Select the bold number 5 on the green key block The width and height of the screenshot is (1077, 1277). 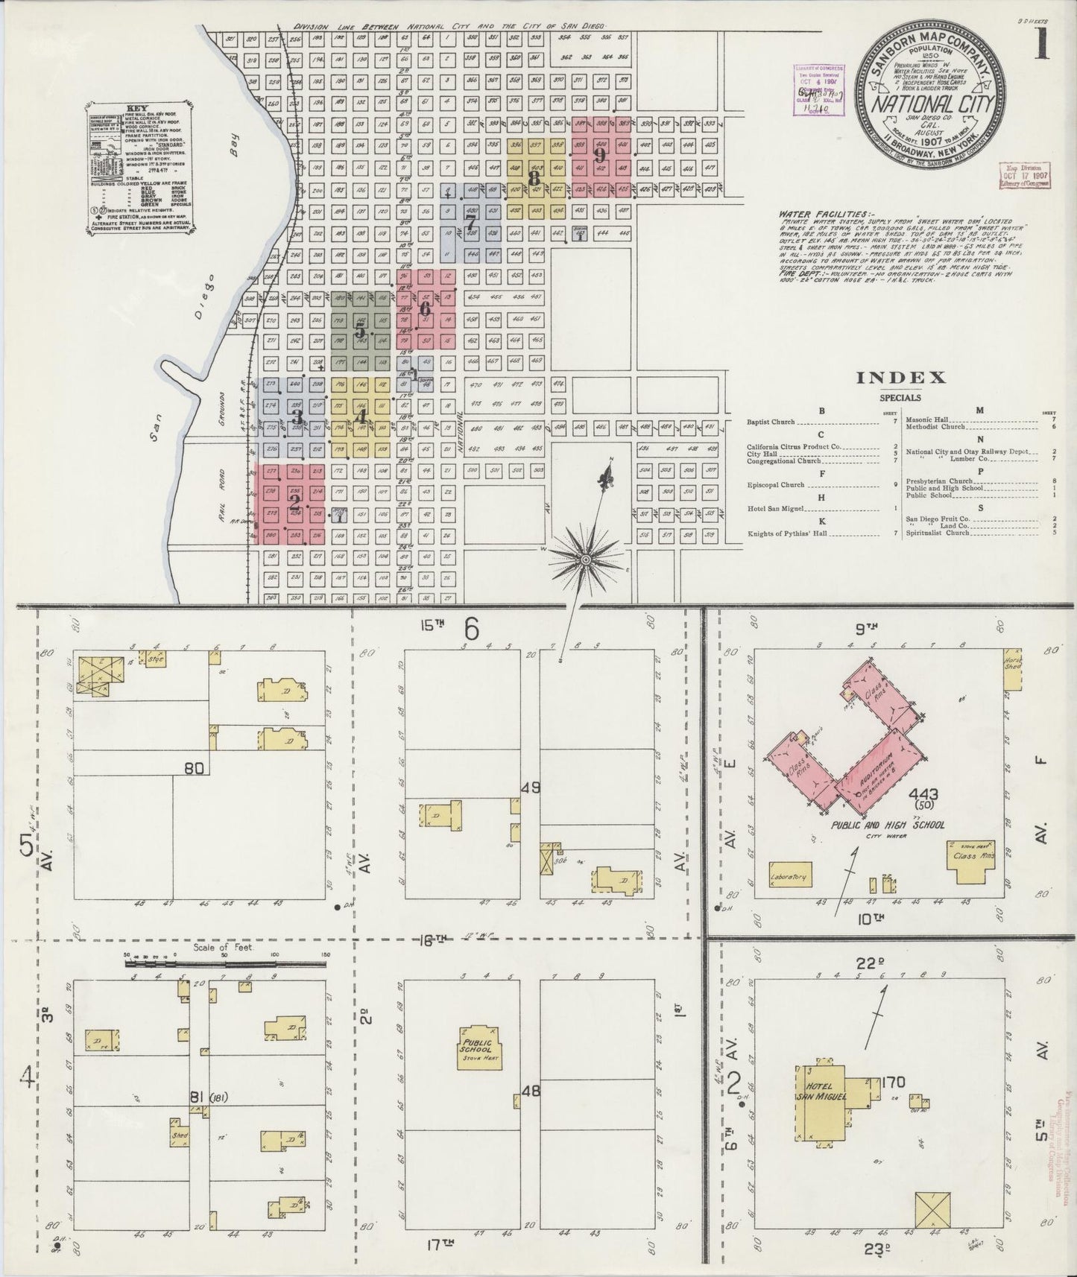pos(360,331)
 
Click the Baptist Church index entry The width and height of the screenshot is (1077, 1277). pos(771,422)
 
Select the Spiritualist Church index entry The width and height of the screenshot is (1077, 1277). pos(938,533)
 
